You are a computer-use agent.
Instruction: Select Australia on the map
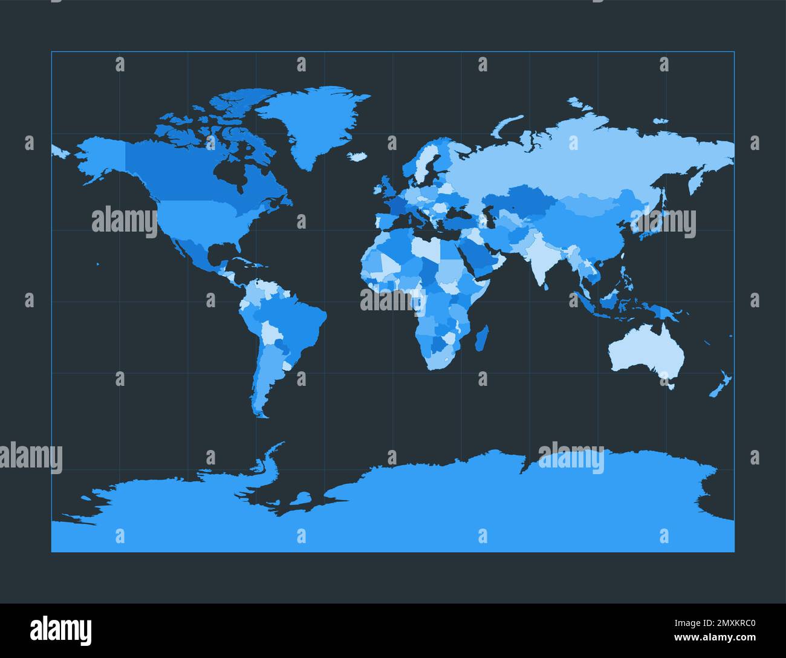pyautogui.click(x=647, y=351)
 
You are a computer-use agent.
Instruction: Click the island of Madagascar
pyautogui.click(x=482, y=337)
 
